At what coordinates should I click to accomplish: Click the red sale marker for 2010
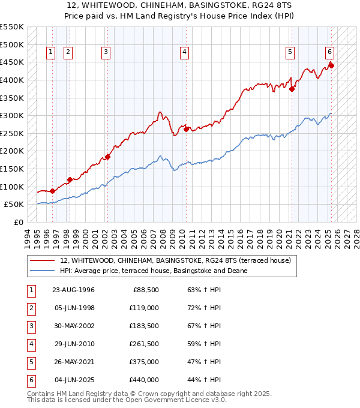click(x=187, y=128)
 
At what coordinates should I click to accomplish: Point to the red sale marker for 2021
click(x=292, y=89)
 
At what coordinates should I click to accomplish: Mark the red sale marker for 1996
click(x=53, y=191)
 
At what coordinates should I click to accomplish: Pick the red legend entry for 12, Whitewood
click(x=175, y=260)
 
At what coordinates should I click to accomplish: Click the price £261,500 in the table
click(x=144, y=344)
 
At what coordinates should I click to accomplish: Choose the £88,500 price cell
click(x=146, y=290)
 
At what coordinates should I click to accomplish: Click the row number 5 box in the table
click(x=31, y=362)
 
